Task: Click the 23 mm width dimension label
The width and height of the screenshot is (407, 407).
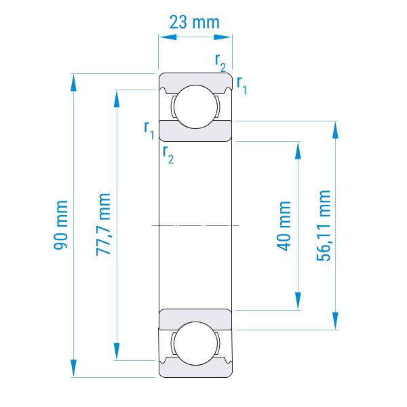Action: pyautogui.click(x=195, y=22)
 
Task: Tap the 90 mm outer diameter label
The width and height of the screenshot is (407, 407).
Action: pyautogui.click(x=60, y=225)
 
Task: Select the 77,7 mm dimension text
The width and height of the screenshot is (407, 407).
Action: pyautogui.click(x=103, y=225)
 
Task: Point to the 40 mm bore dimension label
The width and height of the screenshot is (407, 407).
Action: pyautogui.click(x=283, y=226)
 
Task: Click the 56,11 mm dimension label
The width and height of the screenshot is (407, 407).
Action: pyautogui.click(x=324, y=225)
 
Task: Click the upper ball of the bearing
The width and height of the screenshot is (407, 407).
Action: pyautogui.click(x=195, y=106)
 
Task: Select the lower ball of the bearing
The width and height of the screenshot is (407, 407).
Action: pyautogui.click(x=195, y=343)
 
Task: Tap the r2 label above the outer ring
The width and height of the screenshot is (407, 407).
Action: pyautogui.click(x=220, y=62)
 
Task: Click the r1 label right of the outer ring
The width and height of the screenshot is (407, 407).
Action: pyautogui.click(x=241, y=85)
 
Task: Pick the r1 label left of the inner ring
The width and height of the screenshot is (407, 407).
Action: pyautogui.click(x=149, y=130)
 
